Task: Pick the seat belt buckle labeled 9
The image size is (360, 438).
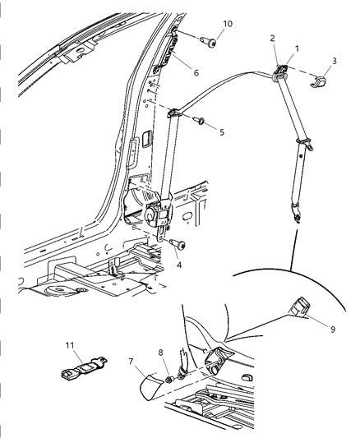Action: coord(298,310)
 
